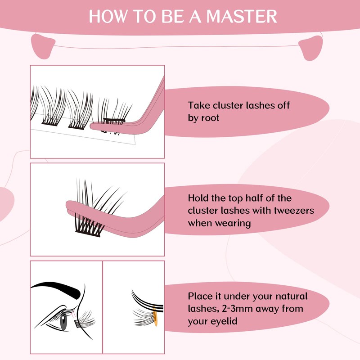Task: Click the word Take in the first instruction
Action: point(198,106)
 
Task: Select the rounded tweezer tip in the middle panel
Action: point(70,207)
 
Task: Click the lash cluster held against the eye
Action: point(86,320)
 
